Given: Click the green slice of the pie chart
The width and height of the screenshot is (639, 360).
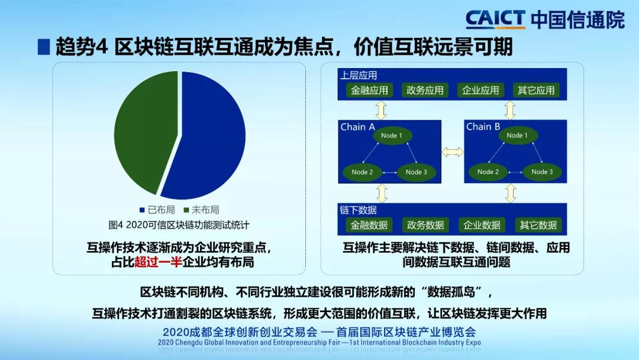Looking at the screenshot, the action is [x=143, y=130].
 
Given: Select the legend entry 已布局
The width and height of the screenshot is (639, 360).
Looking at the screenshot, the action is [x=157, y=210].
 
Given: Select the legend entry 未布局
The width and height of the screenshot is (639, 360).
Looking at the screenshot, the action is [x=201, y=210].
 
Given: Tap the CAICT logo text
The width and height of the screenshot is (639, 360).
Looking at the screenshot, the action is [x=496, y=19].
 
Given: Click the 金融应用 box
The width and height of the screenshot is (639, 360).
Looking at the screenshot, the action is [x=369, y=90].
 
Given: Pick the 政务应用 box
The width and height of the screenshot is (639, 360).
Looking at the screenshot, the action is [x=425, y=90].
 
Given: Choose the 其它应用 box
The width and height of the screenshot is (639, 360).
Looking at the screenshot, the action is [x=536, y=90].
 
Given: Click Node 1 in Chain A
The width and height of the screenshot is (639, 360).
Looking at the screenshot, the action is [x=392, y=136].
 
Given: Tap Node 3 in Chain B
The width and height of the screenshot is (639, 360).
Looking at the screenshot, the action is [x=542, y=172].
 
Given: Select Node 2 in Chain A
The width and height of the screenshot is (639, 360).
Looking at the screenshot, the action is [x=362, y=172].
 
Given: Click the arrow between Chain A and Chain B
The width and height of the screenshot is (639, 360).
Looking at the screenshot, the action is [x=453, y=152].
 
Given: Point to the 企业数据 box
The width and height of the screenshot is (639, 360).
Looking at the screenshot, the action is [x=482, y=225].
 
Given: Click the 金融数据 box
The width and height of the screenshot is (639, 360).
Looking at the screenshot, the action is [x=369, y=225].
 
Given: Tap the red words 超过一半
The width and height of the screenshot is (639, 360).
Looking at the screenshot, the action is [x=158, y=262].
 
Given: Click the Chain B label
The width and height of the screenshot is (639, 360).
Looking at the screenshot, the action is [x=483, y=127].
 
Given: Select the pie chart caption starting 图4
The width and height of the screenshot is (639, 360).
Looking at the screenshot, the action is [x=179, y=225].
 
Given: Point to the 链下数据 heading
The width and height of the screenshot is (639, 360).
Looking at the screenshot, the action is [x=358, y=210].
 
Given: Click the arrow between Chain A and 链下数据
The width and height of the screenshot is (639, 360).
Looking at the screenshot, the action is [x=382, y=193].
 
